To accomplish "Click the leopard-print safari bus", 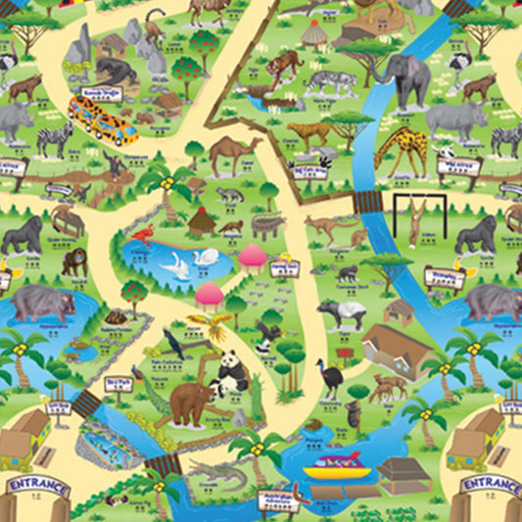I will point(102,119).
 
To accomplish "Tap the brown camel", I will point(234,152).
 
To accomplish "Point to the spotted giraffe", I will point(403,150).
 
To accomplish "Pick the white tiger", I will point(333,83).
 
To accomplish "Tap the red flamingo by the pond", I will point(146,235).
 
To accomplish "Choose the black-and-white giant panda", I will point(232,372).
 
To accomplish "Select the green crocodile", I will point(217,478).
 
